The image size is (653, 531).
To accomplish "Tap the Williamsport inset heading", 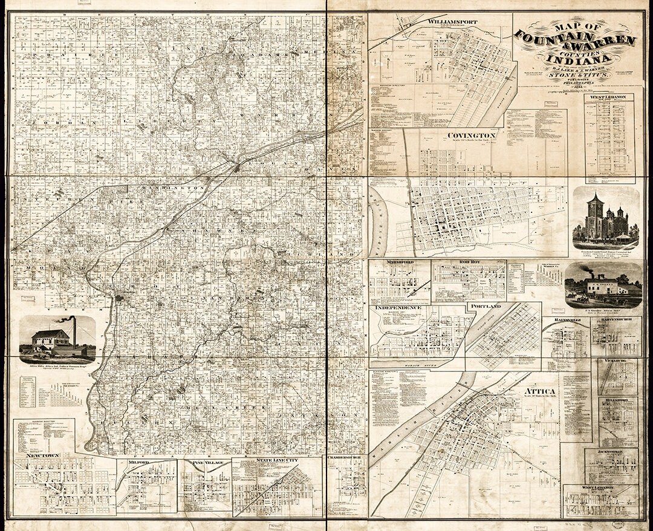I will [x=452, y=22].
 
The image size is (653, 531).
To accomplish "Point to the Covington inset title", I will [x=472, y=135].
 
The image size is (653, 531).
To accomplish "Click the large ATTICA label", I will [x=541, y=391].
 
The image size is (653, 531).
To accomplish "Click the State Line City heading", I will [x=277, y=460].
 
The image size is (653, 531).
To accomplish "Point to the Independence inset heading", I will [x=398, y=308].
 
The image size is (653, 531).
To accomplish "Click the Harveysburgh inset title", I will [x=616, y=321].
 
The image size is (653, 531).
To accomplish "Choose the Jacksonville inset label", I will [x=610, y=452].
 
